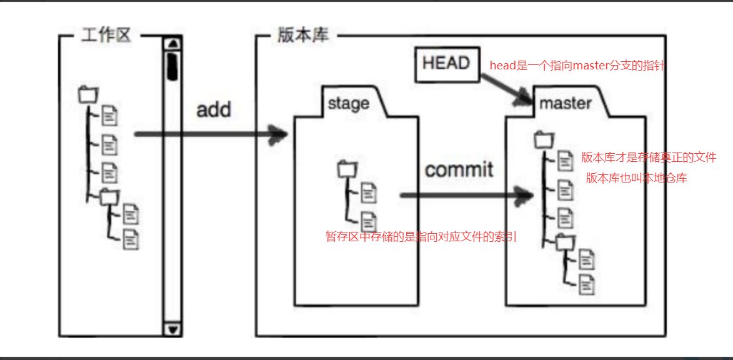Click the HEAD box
click(446, 63)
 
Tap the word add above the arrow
click(214, 110)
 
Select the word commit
click(459, 169)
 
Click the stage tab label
click(348, 103)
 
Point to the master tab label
click(565, 103)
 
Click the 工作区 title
click(106, 35)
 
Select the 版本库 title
click(302, 35)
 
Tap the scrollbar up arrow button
click(172, 44)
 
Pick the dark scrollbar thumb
click(172, 66)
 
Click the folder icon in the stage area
click(346, 169)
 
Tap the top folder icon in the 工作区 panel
click(88, 94)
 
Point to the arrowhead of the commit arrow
click(527, 195)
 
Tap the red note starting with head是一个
click(577, 66)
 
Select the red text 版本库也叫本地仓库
click(636, 178)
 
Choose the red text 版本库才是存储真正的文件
click(649, 157)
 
